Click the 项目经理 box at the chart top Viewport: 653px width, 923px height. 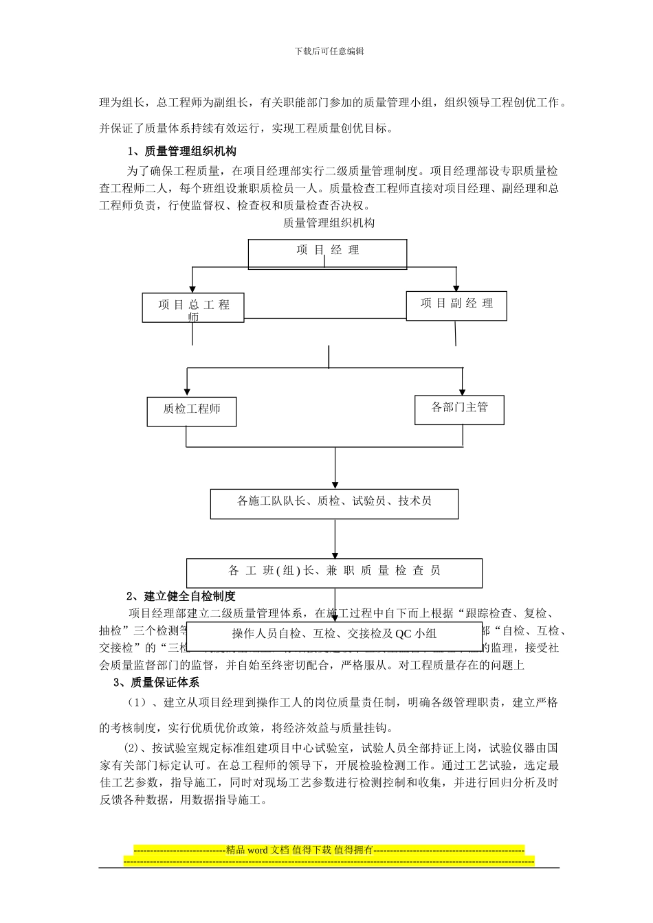tap(327, 253)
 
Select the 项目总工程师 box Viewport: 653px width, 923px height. tap(193, 308)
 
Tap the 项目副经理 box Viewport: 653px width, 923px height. tap(456, 305)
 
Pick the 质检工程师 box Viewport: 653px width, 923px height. tap(192, 411)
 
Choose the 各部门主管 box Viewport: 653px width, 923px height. tap(459, 409)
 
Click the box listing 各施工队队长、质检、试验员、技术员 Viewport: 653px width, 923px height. tap(334, 503)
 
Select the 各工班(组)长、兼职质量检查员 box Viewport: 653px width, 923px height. tap(334, 572)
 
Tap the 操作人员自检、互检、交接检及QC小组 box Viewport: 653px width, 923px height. tap(334, 635)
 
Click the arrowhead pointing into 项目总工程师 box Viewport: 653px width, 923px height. tap(192, 289)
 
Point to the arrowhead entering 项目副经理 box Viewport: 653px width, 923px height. tap(455, 287)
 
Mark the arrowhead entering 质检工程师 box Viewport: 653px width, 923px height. tap(187, 392)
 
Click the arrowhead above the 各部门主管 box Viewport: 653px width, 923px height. tap(463, 391)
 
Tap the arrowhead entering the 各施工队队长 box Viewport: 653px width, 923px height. tap(335, 485)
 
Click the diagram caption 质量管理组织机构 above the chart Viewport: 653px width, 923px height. tap(329, 223)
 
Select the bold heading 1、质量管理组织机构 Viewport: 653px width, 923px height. tap(182, 151)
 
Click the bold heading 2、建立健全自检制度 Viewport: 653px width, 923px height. tap(181, 596)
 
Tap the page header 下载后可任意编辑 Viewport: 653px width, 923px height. tap(329, 51)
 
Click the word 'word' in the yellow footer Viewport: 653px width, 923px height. tap(258, 850)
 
